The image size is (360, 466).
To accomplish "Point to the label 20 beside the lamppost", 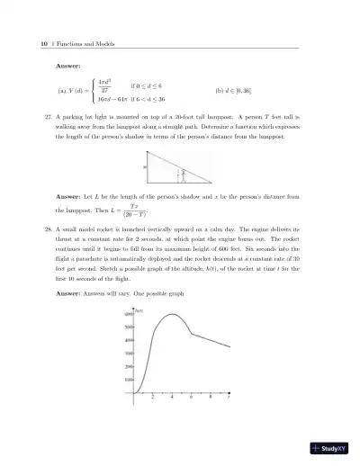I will click(145, 166).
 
